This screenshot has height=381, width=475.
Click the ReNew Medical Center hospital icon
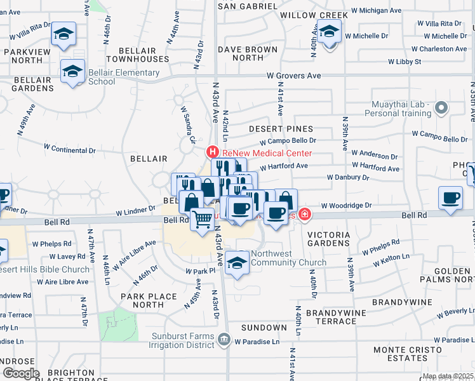point(213,153)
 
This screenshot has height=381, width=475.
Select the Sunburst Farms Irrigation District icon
point(224,340)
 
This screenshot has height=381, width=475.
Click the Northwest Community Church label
point(288,257)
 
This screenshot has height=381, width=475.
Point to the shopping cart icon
point(203,220)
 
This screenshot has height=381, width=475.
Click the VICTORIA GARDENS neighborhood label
point(328,239)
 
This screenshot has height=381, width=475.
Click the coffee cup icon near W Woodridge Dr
point(450,197)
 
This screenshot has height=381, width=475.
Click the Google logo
point(20,373)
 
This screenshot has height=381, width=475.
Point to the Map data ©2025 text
point(448,376)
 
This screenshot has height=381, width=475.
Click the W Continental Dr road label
point(69,150)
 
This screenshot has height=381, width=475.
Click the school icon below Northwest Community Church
point(237,262)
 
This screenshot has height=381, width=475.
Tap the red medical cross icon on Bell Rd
point(305,215)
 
